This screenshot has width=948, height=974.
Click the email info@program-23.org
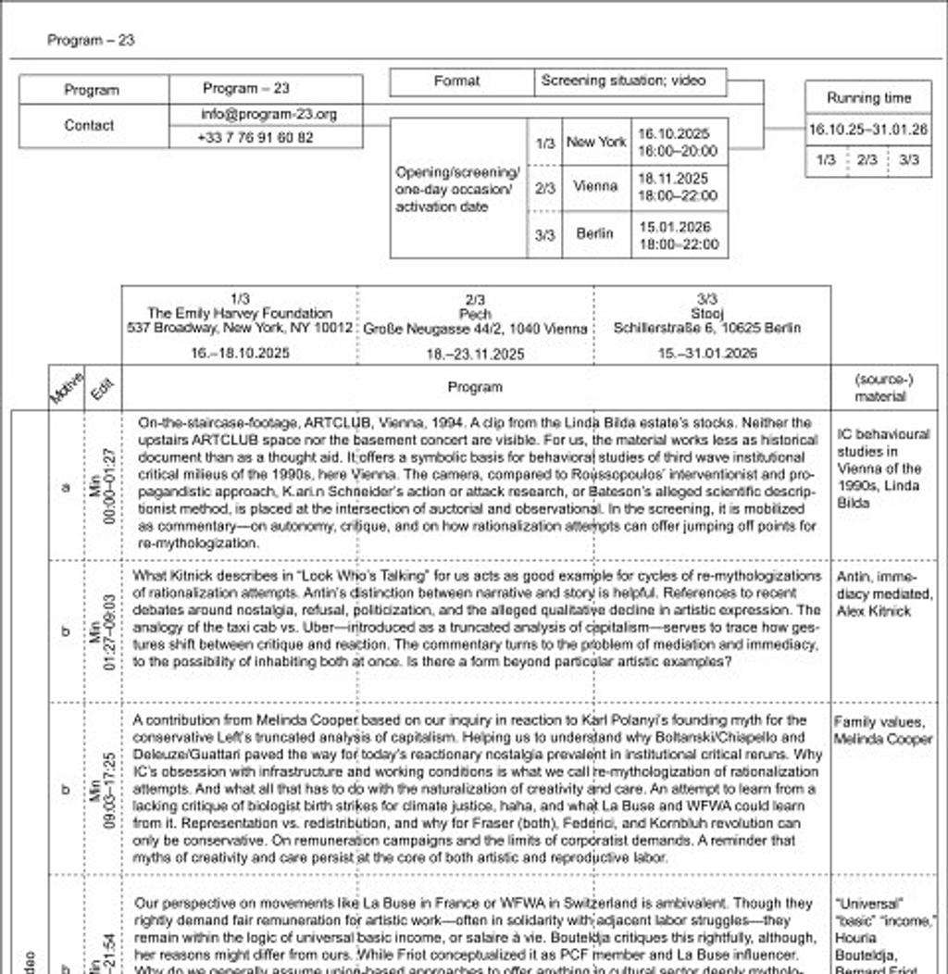coord(268,115)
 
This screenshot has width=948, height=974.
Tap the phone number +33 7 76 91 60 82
coord(256,138)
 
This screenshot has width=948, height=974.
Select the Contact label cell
coord(91,126)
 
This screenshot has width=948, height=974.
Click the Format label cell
coord(457,81)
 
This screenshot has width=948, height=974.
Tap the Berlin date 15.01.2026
coord(674,227)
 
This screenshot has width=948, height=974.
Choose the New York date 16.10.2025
coord(673,134)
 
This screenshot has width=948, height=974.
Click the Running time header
coord(868,98)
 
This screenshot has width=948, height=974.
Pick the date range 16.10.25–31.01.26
coord(867,131)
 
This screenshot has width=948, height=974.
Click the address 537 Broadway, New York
coord(240,329)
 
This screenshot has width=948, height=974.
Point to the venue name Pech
coord(475,314)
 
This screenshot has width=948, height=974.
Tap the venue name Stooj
coord(707,314)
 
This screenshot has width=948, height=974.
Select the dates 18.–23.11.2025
coord(475,354)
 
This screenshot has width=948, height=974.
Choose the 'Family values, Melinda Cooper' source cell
coord(883,730)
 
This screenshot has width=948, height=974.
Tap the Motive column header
coord(67,387)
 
